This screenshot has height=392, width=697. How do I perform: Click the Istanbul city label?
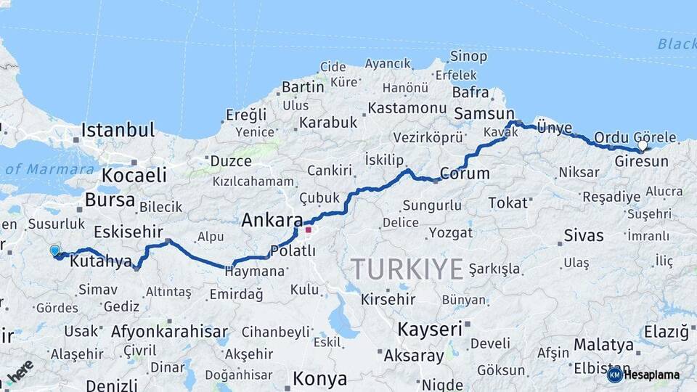pyautogui.click(x=118, y=131)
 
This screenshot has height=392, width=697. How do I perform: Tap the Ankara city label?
pyautogui.click(x=272, y=220)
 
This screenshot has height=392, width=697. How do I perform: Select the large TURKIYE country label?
pyautogui.click(x=407, y=269)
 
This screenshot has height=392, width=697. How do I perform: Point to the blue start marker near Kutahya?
pyautogui.click(x=55, y=251)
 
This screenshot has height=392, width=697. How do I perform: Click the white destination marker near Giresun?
pyautogui.click(x=642, y=146)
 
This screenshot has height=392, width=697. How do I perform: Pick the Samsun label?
pyautogui.click(x=484, y=113)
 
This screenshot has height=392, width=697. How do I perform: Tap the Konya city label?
pyautogui.click(x=319, y=379)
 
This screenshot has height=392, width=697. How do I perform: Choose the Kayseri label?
pyautogui.click(x=430, y=329)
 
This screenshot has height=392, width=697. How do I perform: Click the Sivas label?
pyautogui.click(x=584, y=235)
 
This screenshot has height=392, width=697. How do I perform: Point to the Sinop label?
pyautogui.click(x=468, y=56)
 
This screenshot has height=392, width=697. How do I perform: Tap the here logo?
pyautogui.click(x=20, y=371)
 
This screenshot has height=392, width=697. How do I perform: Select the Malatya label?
pyautogui.click(x=603, y=344)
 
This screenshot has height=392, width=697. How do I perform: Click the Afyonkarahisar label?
pyautogui.click(x=169, y=332)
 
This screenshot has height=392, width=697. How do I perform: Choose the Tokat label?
pyautogui.click(x=508, y=203)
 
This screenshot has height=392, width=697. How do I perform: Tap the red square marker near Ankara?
pyautogui.click(x=308, y=230)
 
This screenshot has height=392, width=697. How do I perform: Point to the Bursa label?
pyautogui.click(x=110, y=200)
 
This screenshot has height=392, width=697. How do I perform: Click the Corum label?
pyautogui.click(x=465, y=174)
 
